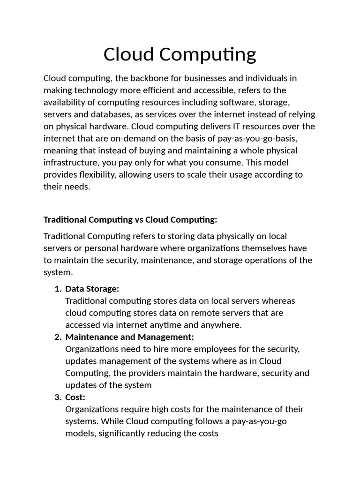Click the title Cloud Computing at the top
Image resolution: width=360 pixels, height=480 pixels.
(180, 54)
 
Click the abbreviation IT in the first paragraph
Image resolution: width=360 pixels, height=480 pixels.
(230, 127)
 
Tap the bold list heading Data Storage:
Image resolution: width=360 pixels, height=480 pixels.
(92, 289)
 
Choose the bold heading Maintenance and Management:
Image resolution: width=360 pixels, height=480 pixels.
(129, 337)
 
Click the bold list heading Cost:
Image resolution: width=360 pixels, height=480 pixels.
(75, 397)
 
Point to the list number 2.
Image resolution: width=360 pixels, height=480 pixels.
(57, 337)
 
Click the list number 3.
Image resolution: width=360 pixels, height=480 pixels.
(57, 397)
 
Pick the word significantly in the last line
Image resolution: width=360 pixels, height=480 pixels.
(117, 434)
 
